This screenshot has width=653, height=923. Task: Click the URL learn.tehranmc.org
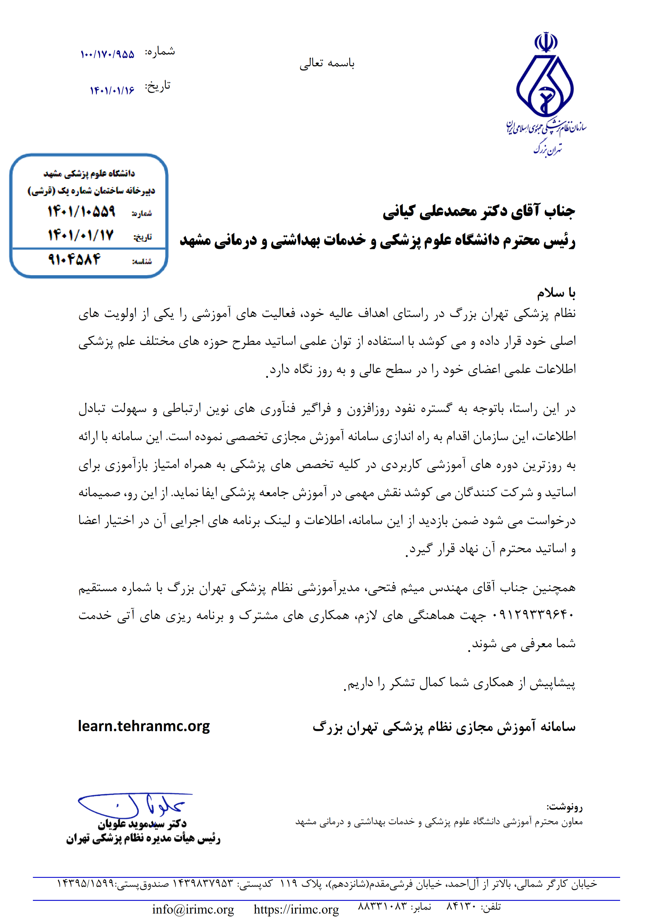click(x=144, y=726)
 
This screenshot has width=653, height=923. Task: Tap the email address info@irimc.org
click(x=193, y=909)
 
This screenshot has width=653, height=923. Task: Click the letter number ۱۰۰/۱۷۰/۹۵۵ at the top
click(x=107, y=54)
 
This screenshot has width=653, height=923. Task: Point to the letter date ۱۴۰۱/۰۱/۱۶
click(x=112, y=91)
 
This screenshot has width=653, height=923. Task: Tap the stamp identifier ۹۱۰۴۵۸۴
click(x=75, y=259)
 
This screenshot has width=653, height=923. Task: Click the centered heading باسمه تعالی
click(x=327, y=63)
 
